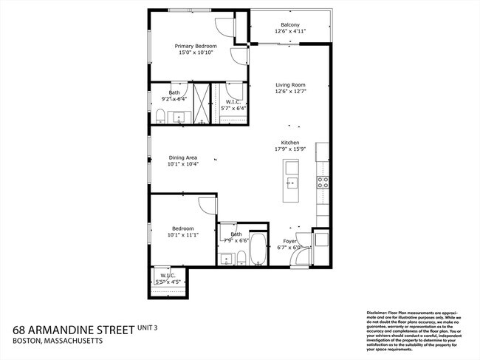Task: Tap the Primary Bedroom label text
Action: click(195, 46)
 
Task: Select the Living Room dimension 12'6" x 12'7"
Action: click(289, 92)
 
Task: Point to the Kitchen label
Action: click(289, 143)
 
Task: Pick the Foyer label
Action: click(289, 242)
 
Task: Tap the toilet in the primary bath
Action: click(160, 114)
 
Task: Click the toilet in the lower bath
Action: click(241, 258)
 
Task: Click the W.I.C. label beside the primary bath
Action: click(233, 101)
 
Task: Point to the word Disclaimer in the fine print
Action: click(380, 313)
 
